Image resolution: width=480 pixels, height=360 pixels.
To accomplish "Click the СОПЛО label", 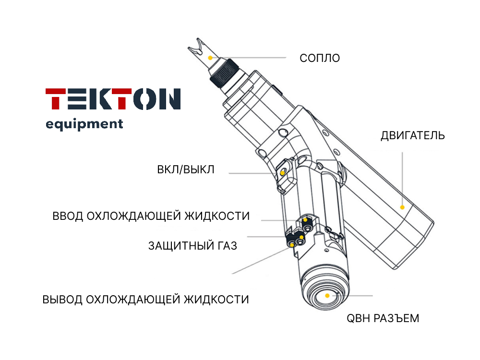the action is (x=320, y=58).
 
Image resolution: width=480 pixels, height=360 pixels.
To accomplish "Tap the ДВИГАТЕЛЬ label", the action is (x=413, y=135).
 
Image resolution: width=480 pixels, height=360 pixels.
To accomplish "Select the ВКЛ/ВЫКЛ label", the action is (x=185, y=169).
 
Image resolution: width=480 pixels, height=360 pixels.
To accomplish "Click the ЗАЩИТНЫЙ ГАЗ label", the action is (x=192, y=245).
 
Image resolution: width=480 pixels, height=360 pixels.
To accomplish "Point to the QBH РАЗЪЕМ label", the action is (x=383, y=318).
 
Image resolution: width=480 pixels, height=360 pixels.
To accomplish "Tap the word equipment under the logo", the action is (x=84, y=124).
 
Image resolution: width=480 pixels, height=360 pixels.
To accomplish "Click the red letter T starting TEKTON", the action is (x=55, y=99).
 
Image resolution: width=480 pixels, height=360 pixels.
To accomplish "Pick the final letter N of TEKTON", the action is (x=170, y=99).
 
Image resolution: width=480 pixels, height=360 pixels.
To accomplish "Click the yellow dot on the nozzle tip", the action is (x=210, y=58).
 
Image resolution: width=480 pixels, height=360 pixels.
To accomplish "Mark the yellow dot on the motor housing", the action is (x=402, y=207).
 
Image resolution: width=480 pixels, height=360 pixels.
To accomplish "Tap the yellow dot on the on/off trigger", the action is (x=282, y=173).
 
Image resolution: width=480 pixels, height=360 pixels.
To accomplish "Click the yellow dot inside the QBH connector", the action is (x=327, y=296).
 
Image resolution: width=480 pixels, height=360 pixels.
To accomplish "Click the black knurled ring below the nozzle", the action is (x=225, y=74).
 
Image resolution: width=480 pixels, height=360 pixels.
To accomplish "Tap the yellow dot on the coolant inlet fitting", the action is (x=305, y=220).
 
